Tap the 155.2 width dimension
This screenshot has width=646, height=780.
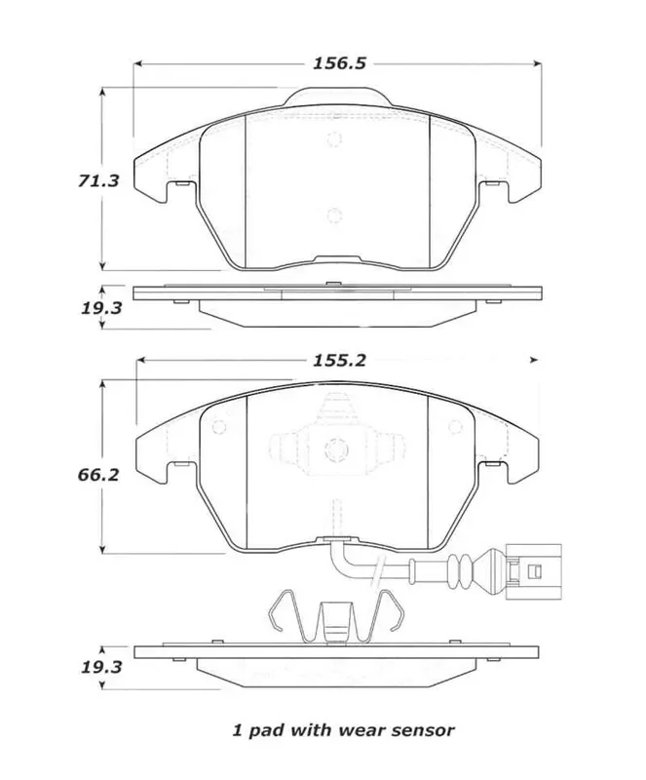click(x=339, y=360)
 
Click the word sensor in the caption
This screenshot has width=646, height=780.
click(x=421, y=728)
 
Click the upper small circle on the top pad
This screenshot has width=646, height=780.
click(x=334, y=138)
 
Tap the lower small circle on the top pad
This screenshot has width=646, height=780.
click(x=334, y=216)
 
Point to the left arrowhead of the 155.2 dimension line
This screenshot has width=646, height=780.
click(x=139, y=360)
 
